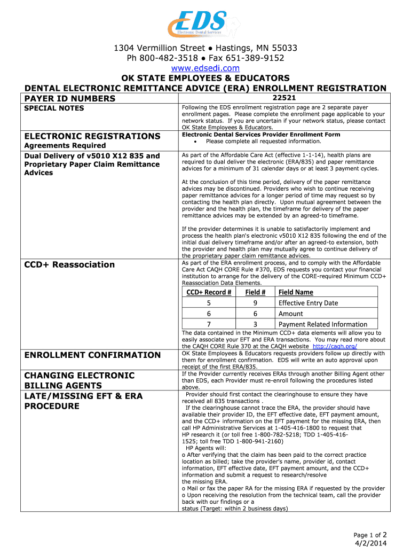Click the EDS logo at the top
click(199, 24)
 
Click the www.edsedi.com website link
click(205, 68)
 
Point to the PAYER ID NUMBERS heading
click(70, 98)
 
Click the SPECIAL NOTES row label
click(54, 108)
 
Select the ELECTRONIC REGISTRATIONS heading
click(92, 136)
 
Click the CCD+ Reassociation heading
click(70, 264)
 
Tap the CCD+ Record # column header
click(209, 292)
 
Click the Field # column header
click(255, 292)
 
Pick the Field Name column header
click(296, 292)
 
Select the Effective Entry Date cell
click(308, 303)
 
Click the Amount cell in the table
click(290, 314)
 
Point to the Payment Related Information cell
click(322, 324)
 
